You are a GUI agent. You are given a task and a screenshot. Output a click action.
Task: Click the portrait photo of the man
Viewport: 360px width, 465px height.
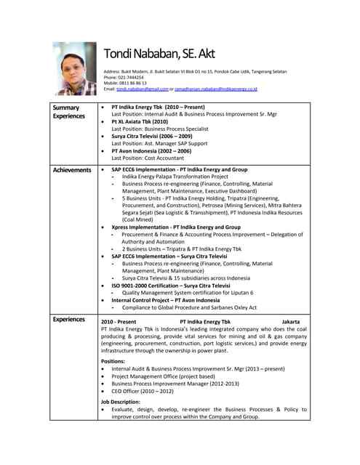[x=73, y=68]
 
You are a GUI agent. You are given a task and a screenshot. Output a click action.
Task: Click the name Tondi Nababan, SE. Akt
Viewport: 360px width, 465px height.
[x=159, y=54]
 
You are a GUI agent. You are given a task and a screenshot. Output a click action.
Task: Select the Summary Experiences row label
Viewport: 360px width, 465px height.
[x=68, y=112]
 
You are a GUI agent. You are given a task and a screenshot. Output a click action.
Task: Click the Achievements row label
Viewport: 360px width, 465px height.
[x=71, y=170]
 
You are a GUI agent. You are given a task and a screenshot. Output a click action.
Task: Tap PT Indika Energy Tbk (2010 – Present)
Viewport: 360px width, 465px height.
[x=158, y=107]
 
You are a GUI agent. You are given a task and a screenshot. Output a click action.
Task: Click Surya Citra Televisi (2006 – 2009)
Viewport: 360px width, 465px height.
[x=151, y=136]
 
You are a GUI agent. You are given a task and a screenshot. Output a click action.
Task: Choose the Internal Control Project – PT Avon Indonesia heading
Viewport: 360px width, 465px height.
[x=165, y=299]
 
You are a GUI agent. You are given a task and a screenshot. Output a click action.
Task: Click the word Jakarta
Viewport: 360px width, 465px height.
[x=290, y=321]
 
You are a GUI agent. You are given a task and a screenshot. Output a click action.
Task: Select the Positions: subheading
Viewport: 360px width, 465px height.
[x=113, y=361]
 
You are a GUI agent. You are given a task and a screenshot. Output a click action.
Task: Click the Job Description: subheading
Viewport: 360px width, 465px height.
[x=120, y=402]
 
